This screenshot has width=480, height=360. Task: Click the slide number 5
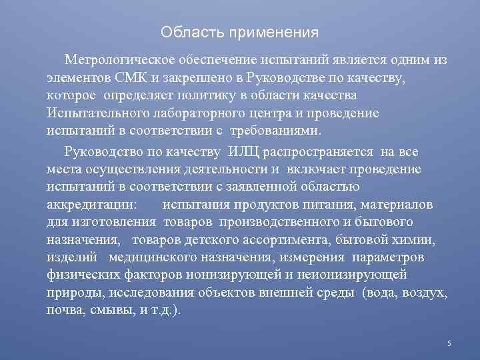coord(449,343)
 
